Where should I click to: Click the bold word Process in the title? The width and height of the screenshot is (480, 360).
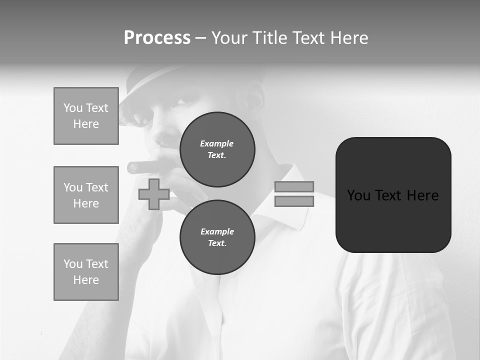click(x=157, y=38)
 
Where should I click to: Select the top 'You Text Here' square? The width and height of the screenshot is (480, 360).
click(x=86, y=116)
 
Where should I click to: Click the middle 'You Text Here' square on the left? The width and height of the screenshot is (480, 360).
click(x=86, y=195)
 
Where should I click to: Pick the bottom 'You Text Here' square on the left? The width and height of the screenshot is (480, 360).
click(x=86, y=271)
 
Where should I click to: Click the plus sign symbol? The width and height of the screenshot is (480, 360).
click(x=153, y=194)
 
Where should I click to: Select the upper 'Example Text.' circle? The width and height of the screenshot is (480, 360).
click(x=217, y=149)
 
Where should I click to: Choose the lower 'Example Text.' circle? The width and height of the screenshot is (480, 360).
click(x=217, y=237)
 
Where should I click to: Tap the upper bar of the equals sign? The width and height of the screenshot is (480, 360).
click(x=294, y=186)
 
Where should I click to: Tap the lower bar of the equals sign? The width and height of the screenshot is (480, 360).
click(x=294, y=201)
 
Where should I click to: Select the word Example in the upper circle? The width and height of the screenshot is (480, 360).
click(x=217, y=143)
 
